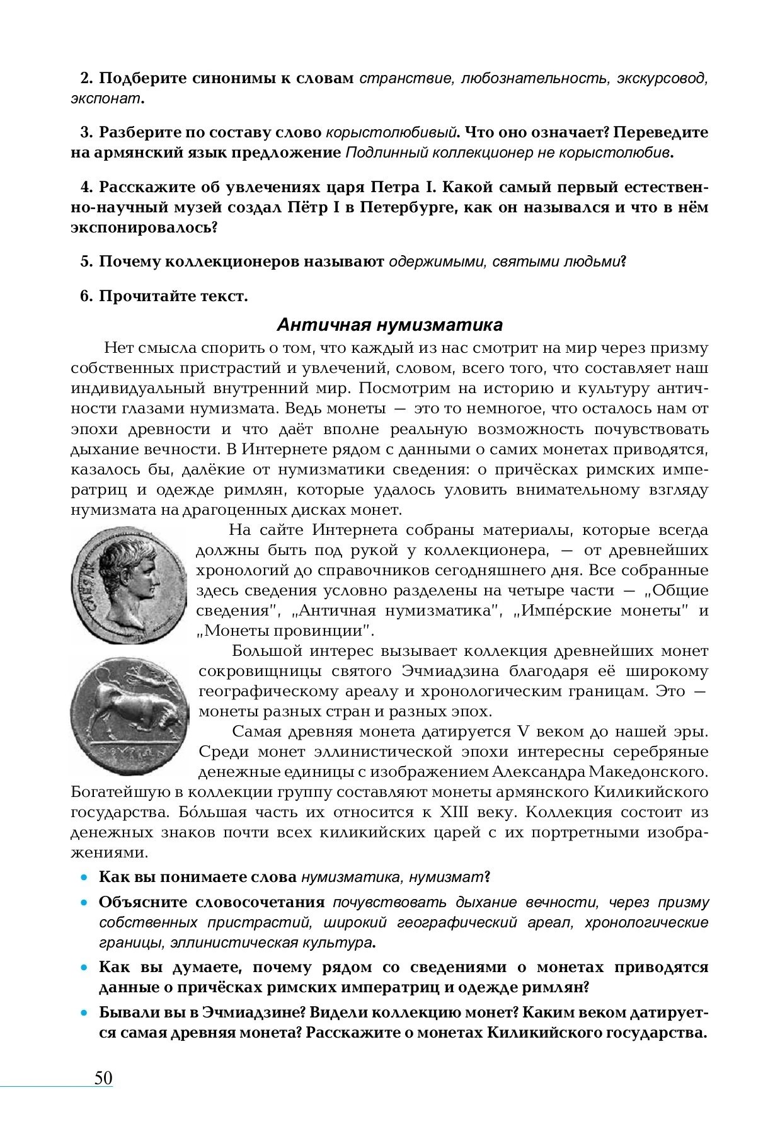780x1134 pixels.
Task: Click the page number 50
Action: (103, 1077)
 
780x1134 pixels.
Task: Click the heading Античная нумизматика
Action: (390, 325)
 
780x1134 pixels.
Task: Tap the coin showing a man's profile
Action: (129, 585)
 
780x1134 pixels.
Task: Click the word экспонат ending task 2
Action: (104, 99)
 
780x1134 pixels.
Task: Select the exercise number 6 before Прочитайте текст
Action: (86, 296)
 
